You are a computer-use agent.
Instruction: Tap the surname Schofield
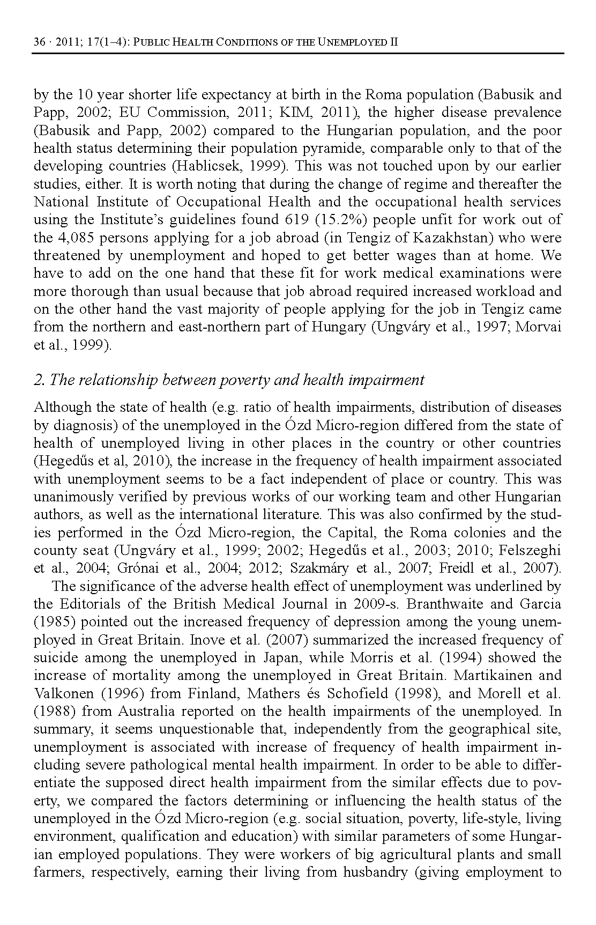351,693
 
